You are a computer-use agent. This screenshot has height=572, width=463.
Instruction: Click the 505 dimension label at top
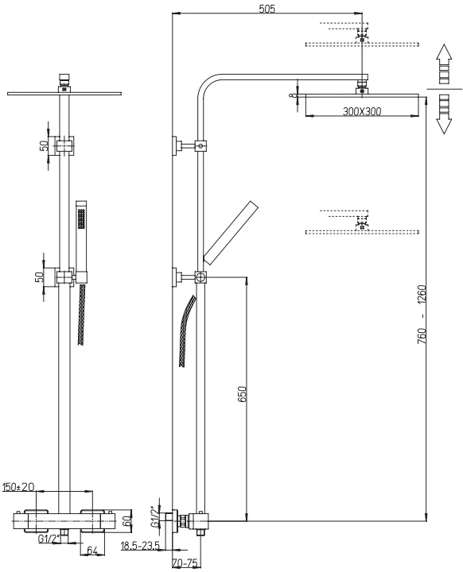point(267,9)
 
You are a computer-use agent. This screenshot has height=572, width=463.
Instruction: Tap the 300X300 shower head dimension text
point(362,111)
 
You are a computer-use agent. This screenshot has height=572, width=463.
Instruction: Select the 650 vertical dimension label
point(243,394)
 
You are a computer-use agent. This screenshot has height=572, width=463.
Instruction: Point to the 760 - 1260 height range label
point(422,314)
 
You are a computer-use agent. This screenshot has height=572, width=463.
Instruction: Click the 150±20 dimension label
point(18,487)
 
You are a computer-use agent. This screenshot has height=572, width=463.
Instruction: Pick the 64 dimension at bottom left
point(92,551)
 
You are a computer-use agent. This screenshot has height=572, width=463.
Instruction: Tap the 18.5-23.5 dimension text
point(140,546)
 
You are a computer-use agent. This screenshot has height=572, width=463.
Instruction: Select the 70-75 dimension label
point(185,563)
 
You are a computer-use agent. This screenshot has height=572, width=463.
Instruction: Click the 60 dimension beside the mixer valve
point(126,520)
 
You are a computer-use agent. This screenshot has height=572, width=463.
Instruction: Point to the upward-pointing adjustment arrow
point(444,64)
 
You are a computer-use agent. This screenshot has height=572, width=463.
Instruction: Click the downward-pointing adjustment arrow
point(444,114)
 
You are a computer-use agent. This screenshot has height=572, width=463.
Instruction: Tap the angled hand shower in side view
point(231,233)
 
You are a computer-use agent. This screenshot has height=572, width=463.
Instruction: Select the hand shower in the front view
point(81,241)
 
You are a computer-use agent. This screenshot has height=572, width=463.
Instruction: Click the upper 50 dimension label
point(44,146)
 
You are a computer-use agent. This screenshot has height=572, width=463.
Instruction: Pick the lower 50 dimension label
point(38,277)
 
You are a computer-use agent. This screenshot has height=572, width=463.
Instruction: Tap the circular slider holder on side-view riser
point(200,277)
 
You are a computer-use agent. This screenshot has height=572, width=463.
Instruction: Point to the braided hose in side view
point(188,331)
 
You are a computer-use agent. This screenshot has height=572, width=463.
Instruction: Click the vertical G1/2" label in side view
point(155,516)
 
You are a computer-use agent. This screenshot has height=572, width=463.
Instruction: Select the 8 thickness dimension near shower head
point(292,96)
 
